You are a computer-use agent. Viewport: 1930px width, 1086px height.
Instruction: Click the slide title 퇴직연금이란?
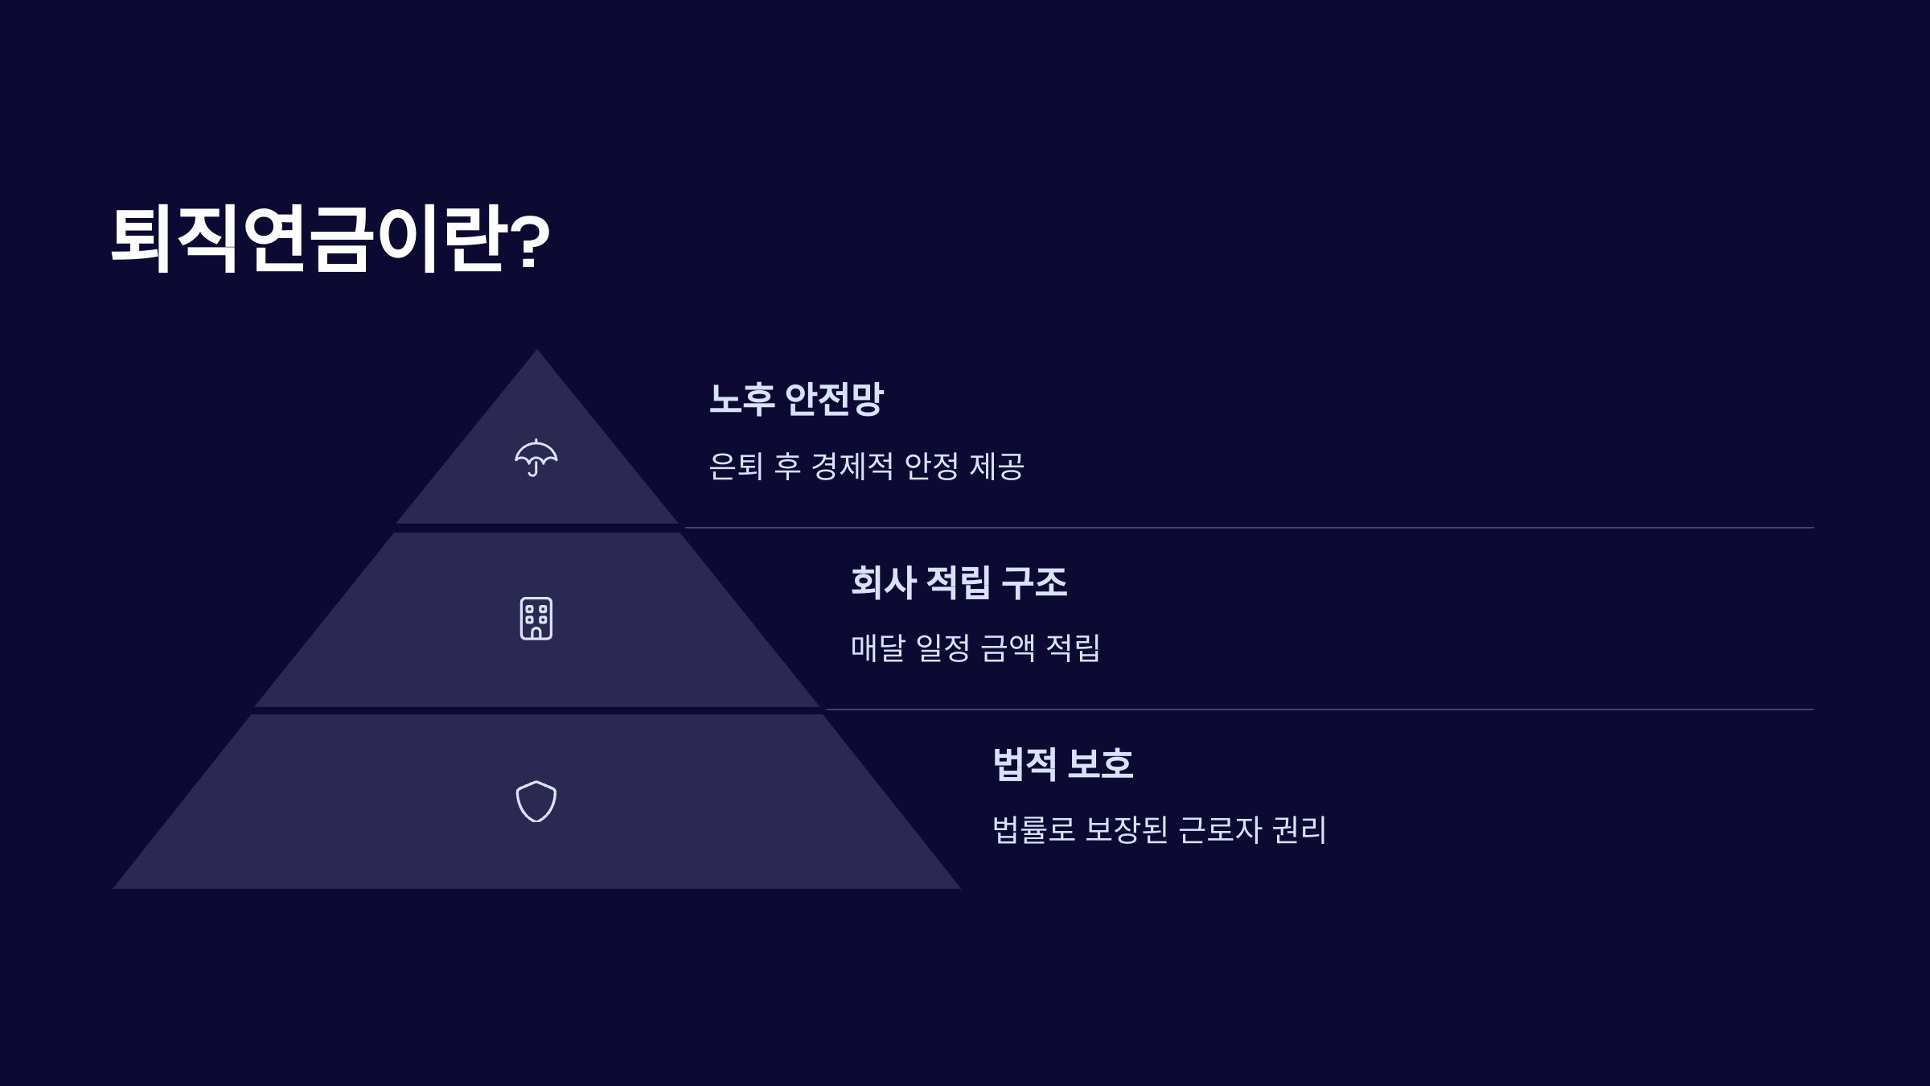(330, 239)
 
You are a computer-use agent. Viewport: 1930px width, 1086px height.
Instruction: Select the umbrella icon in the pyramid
(536, 458)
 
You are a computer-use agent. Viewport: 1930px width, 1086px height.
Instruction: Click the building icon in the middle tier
(536, 619)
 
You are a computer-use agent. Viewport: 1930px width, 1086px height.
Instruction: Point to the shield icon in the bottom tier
(536, 801)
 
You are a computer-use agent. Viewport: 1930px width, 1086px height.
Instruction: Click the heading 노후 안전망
(795, 399)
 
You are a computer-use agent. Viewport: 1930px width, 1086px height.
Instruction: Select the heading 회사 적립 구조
(959, 582)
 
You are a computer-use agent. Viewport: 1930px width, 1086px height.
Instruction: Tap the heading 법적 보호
(1062, 764)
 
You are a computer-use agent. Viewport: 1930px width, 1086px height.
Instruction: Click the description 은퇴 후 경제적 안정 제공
(866, 467)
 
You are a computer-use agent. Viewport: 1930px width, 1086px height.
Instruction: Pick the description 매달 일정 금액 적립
(975, 648)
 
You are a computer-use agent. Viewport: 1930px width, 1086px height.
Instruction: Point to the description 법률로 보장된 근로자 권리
(1159, 830)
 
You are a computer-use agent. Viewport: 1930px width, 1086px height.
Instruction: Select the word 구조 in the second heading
(1034, 582)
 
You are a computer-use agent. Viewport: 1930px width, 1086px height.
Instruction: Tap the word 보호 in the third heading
(1100, 764)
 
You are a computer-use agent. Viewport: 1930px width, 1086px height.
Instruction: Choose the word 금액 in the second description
(1008, 648)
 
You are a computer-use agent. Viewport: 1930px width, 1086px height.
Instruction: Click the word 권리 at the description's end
(1300, 830)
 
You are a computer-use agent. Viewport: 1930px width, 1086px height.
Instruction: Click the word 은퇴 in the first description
(736, 467)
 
